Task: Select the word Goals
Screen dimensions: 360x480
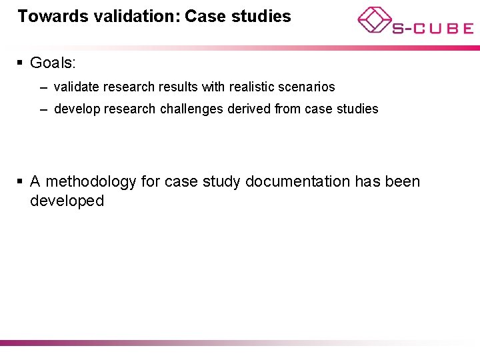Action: (53, 63)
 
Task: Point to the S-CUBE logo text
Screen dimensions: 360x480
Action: (433, 28)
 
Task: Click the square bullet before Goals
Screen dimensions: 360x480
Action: (21, 63)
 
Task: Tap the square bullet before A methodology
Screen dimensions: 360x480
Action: (21, 181)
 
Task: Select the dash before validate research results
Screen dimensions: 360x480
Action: (43, 87)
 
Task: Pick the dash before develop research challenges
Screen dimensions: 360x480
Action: (43, 109)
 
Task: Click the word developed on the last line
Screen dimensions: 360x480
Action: (67, 201)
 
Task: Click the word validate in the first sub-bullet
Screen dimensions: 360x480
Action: (77, 87)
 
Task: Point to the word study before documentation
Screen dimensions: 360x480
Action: (221, 181)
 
